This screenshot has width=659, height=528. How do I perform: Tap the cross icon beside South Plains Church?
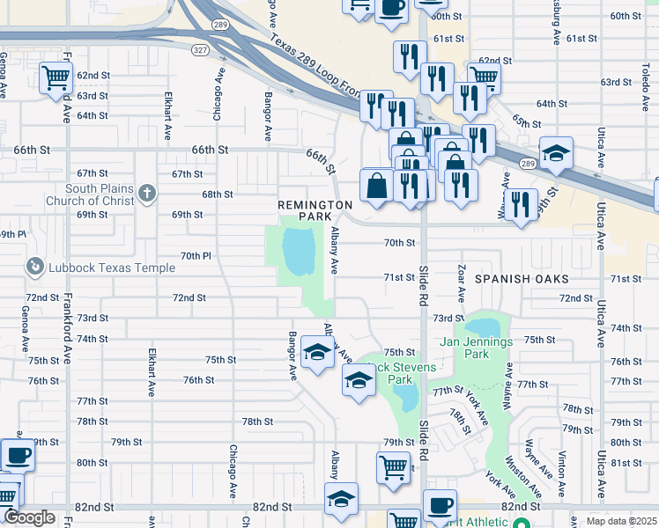146,191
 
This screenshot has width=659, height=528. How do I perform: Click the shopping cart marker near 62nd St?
56,77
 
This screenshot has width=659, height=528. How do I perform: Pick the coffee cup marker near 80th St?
17,454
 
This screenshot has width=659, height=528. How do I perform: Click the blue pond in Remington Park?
299,248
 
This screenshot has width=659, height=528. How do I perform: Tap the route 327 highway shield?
200,50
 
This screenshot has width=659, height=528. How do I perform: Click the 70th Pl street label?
196,255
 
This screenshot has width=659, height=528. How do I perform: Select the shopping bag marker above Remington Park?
376,186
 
